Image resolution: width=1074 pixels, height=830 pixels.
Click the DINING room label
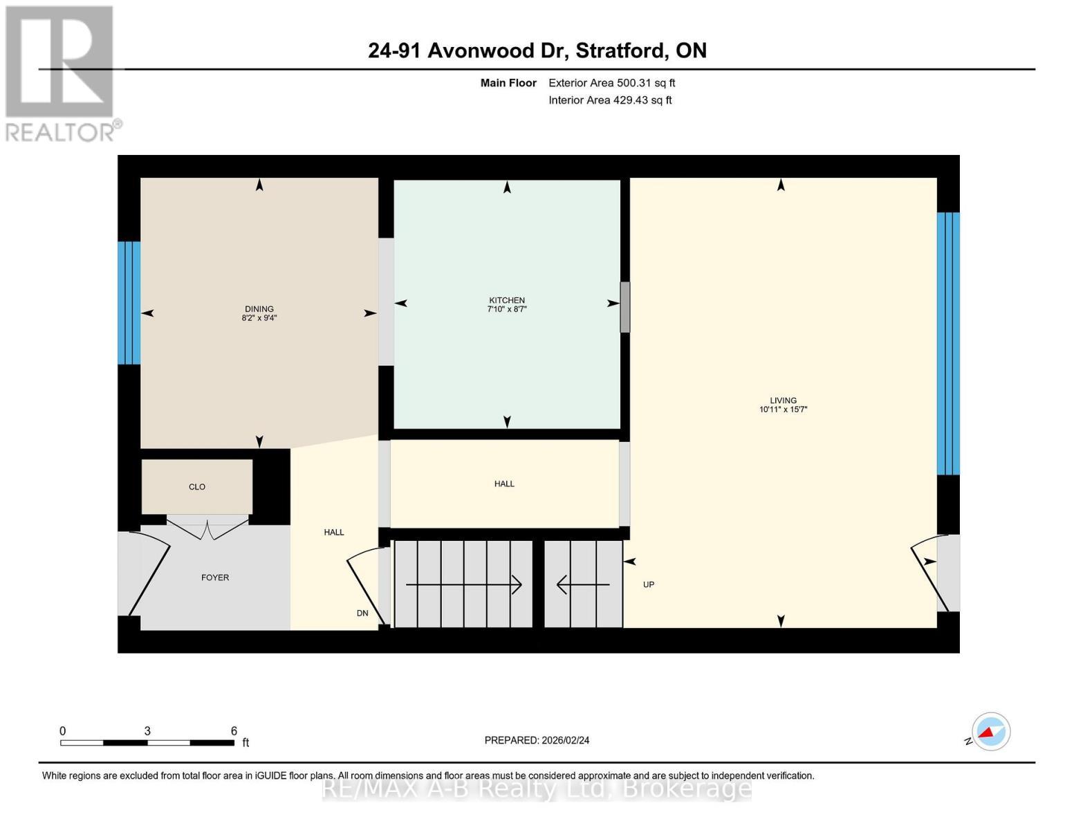(259, 309)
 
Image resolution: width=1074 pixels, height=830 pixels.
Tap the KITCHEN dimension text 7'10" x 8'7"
(507, 310)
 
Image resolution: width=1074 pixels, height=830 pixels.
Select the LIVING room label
(783, 400)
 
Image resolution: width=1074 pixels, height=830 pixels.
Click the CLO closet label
(197, 487)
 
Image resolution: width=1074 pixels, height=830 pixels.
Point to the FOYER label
(215, 578)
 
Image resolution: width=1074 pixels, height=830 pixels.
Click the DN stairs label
(362, 614)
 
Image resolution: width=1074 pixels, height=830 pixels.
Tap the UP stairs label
(648, 584)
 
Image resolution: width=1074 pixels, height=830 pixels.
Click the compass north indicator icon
(990, 732)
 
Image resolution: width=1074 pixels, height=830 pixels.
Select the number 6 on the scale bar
(234, 731)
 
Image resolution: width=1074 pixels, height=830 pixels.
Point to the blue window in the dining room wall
(129, 302)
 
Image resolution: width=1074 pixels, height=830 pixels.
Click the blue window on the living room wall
(948, 343)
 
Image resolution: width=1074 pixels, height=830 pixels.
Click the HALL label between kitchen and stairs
(504, 484)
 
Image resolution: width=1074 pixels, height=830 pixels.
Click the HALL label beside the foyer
(334, 533)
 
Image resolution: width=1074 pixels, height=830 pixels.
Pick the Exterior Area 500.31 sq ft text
(611, 83)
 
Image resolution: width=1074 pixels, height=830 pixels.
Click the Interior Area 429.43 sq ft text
(610, 100)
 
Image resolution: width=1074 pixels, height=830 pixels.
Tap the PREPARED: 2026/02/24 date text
(537, 740)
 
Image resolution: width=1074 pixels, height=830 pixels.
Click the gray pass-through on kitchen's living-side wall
(624, 306)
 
